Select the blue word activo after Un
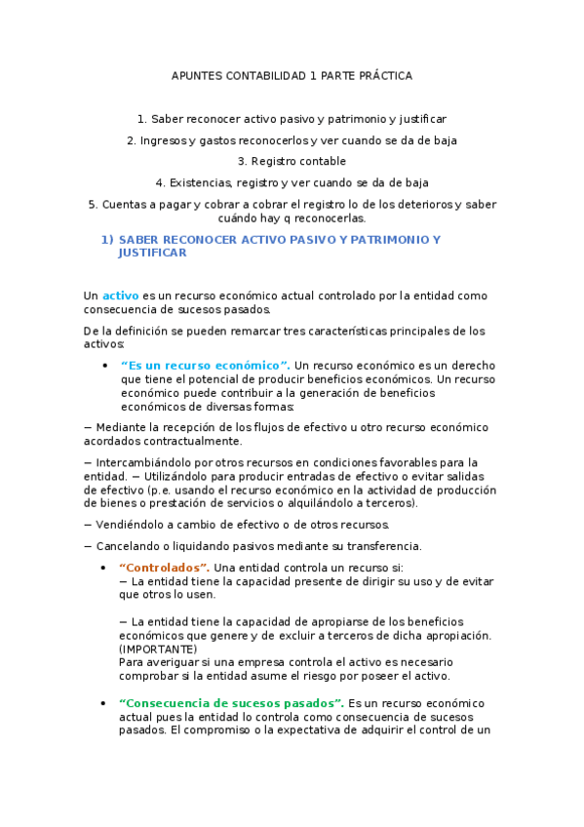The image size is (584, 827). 120,295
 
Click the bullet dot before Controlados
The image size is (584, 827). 104,569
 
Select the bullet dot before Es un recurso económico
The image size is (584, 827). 104,366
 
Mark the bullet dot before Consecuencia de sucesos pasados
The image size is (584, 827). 104,704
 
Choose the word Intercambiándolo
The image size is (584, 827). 147,462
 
